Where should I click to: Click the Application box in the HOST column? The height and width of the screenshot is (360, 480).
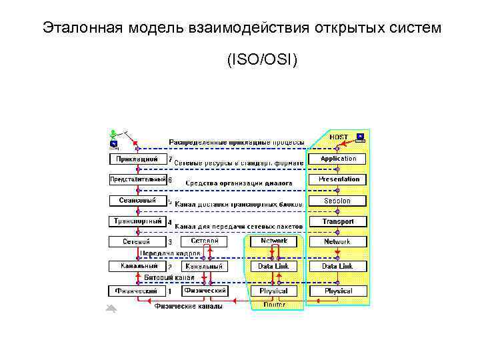338,159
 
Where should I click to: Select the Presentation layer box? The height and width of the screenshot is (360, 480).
338,179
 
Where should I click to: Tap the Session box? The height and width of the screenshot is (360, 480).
338,201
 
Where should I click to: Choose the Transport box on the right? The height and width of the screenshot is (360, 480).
338,221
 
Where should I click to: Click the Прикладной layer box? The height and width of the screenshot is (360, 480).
137,159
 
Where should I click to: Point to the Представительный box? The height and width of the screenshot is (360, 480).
137,179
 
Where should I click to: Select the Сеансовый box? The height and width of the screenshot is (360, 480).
137,201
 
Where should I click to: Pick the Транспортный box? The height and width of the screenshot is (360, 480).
137,221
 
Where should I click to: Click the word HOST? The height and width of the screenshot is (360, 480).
339,137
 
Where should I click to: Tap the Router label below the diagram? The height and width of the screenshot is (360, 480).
274,305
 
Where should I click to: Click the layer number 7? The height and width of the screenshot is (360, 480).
170,159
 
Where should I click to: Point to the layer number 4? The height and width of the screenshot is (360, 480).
170,222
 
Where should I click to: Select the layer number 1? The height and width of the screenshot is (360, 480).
170,291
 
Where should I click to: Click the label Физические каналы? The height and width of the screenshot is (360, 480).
189,306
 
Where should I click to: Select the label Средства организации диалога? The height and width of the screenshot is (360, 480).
239,183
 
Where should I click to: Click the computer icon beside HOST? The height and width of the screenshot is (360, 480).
360,137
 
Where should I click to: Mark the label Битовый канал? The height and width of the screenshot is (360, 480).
169,277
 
